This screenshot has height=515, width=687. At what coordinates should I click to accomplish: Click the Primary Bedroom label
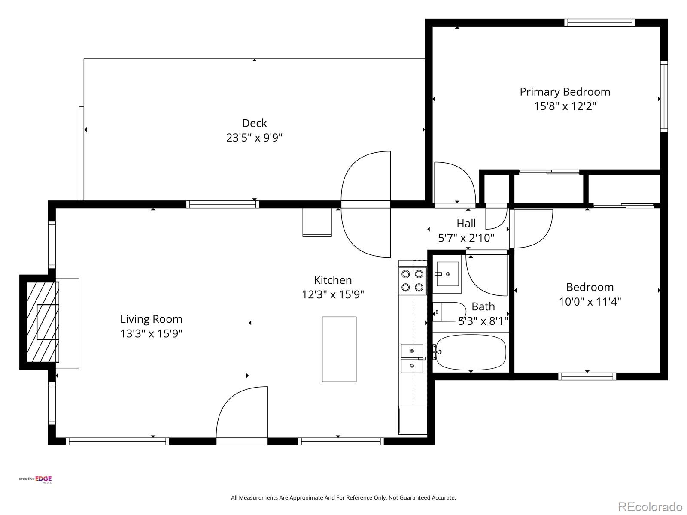click(565, 92)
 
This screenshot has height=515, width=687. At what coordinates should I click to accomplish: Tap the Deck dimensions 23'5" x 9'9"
click(254, 138)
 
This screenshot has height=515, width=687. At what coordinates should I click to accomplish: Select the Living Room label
click(151, 319)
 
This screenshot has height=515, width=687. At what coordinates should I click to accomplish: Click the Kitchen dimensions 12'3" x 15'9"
click(333, 294)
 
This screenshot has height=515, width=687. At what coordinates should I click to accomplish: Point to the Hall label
click(466, 223)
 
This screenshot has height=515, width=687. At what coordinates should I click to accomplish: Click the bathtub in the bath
click(470, 352)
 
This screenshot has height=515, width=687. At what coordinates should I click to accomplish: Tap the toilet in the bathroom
click(449, 312)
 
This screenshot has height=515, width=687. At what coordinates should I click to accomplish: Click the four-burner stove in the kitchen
click(412, 281)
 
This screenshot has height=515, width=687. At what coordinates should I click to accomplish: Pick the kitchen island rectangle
click(339, 349)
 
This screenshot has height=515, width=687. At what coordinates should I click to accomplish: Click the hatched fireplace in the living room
click(43, 322)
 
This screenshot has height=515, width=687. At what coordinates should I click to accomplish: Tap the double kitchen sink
click(412, 358)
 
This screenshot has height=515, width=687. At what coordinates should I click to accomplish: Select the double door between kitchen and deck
click(366, 204)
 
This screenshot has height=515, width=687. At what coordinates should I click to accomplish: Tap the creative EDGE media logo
click(36, 479)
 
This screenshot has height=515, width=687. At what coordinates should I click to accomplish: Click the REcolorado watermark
click(651, 506)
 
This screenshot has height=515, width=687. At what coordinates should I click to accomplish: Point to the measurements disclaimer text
click(343, 498)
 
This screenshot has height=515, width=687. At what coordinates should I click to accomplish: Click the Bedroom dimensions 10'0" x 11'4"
click(590, 302)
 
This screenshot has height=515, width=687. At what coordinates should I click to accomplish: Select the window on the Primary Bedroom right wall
click(664, 97)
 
